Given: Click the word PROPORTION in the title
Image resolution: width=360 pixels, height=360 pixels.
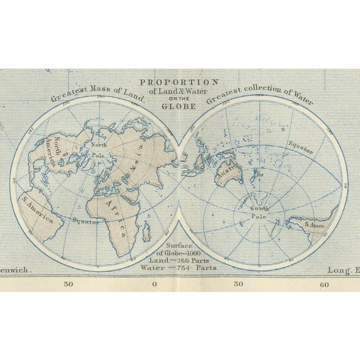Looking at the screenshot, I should [179, 82].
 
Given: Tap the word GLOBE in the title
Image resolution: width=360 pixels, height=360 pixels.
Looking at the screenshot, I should [178, 106].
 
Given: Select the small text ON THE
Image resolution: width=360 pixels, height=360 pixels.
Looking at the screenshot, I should [178, 98].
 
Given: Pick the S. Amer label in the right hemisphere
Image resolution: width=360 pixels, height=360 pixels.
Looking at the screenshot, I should [314, 224].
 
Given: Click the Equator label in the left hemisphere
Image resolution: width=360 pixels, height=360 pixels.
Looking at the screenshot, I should [86, 221].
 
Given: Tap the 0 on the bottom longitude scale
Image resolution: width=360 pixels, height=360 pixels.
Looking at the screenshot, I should [155, 284].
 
